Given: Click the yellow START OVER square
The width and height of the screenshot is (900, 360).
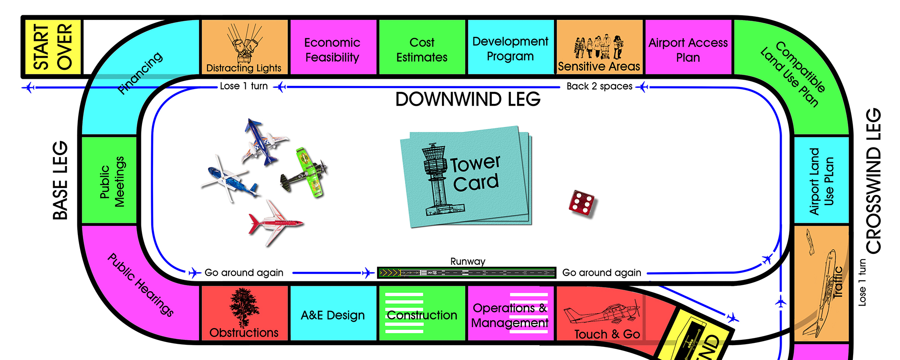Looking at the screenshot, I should pyautogui.click(x=52, y=47).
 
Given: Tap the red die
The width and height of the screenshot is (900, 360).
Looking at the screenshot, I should pyautogui.click(x=581, y=203).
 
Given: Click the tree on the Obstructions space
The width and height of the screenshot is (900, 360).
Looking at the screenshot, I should pyautogui.click(x=244, y=307).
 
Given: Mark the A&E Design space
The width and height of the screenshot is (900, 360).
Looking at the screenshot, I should pyautogui.click(x=333, y=315).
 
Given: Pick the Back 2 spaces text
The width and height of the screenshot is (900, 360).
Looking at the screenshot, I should pyautogui.click(x=599, y=86).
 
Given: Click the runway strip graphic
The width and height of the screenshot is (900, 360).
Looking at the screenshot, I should pyautogui.click(x=467, y=273).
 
